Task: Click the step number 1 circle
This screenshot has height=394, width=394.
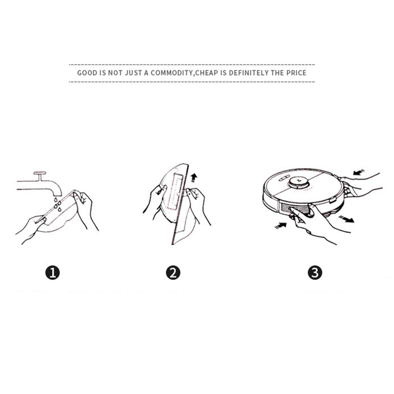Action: point(52,272)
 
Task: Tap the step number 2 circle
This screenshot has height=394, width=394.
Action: point(173,272)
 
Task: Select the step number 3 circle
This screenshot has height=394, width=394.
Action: point(315,272)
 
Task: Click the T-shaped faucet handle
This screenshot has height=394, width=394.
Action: point(40,175)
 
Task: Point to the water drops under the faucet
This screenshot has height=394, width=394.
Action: point(58,204)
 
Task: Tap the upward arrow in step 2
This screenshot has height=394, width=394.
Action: point(194,178)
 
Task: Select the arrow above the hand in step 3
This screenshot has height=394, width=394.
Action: point(359,172)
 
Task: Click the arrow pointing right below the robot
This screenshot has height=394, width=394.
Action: point(346,219)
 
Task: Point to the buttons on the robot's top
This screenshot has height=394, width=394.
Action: point(283,180)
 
